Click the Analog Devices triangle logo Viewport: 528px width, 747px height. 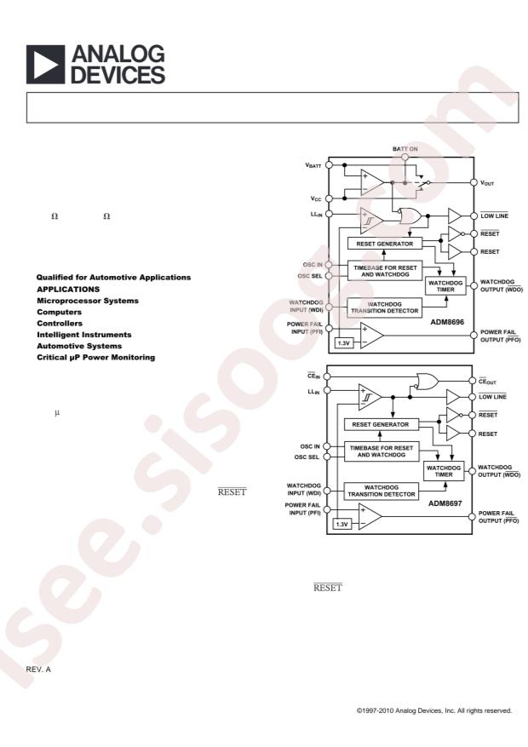45,65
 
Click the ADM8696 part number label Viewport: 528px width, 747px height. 447,322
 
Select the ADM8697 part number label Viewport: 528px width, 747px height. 445,503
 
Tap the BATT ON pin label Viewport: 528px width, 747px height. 405,149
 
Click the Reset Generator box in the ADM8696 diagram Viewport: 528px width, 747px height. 385,244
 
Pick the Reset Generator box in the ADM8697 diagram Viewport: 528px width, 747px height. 381,424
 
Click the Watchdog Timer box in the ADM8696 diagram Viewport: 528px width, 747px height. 445,286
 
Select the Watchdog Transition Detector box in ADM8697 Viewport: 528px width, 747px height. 382,491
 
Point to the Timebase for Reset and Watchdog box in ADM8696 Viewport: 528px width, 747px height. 385,271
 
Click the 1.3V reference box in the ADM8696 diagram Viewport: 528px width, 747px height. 344,343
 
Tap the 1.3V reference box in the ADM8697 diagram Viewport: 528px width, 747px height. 341,525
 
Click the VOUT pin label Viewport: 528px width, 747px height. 487,183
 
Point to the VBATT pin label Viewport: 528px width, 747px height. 313,166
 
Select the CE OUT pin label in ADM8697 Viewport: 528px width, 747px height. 487,381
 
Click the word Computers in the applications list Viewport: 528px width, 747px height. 59,312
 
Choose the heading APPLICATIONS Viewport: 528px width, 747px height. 69,290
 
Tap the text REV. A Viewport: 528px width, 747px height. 38,669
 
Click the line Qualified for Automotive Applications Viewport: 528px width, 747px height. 113,278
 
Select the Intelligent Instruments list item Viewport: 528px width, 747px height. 83,335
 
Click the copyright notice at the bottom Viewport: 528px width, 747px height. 434,710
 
